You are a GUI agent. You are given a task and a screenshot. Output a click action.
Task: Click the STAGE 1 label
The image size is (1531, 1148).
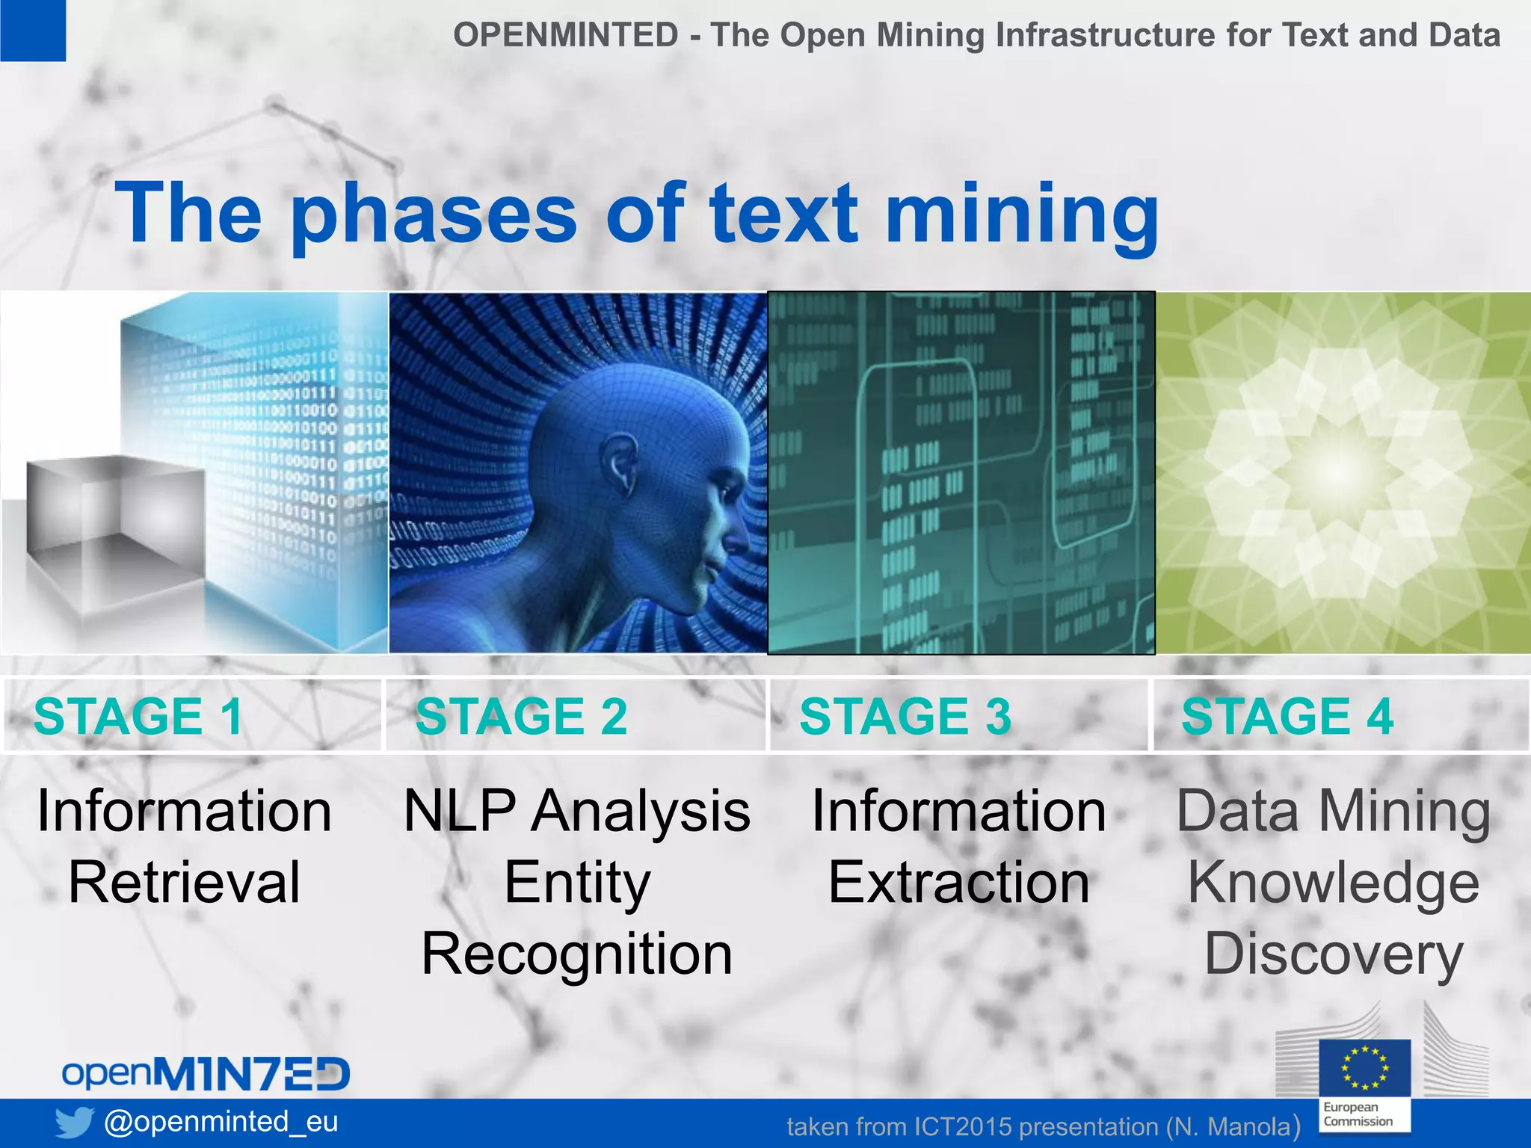click(138, 716)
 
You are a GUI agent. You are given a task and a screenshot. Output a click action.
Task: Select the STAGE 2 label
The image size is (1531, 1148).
click(521, 716)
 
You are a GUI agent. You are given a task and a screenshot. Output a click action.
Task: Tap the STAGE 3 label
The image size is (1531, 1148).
click(905, 716)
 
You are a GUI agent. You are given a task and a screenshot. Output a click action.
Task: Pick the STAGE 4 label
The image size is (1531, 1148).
click(1287, 716)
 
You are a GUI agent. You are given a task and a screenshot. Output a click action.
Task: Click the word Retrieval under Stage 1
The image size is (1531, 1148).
click(184, 883)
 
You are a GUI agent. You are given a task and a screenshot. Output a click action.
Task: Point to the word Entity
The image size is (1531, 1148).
click(577, 883)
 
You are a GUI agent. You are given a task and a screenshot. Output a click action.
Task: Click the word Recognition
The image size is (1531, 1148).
click(577, 954)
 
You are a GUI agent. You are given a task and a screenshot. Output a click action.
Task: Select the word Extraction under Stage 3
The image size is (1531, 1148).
click(959, 883)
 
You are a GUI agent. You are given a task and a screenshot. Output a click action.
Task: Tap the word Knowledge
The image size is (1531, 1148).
click(1334, 883)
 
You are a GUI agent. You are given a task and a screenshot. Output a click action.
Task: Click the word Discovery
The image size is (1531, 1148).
click(1334, 954)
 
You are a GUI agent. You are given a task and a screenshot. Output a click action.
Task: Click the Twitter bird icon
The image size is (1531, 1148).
click(74, 1122)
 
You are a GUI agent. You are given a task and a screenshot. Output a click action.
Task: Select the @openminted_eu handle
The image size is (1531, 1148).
click(221, 1121)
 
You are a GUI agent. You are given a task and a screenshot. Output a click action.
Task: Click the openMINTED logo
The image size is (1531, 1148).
click(206, 1073)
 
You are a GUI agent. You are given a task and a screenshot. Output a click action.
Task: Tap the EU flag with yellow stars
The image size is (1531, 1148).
click(1364, 1068)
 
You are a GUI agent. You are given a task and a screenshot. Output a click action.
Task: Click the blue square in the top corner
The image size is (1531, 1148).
click(32, 30)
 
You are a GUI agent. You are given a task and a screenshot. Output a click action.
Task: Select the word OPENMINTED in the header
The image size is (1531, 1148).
click(565, 35)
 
